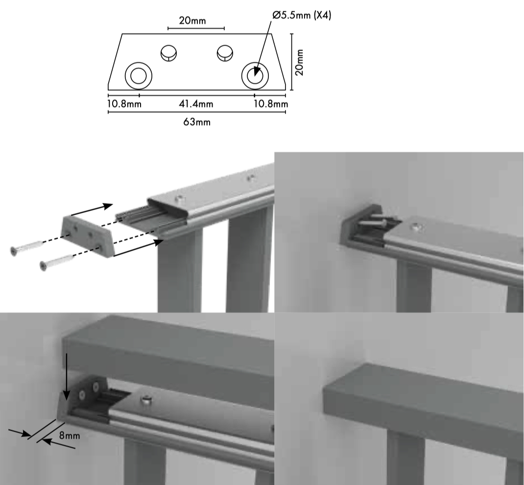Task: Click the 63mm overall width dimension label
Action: [197, 122]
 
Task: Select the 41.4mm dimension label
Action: [196, 104]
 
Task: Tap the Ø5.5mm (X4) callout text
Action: [302, 15]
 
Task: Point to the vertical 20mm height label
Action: [299, 63]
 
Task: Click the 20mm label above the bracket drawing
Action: [192, 21]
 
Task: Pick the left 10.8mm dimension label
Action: [124, 104]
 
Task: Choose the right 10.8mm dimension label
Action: [271, 104]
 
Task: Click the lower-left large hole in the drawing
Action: [139, 75]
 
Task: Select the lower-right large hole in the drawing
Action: [255, 75]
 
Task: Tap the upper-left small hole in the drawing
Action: [169, 53]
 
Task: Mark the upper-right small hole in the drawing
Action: [225, 53]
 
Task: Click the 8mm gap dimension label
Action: [70, 436]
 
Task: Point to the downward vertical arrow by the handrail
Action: [67, 376]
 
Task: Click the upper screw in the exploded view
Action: [27, 248]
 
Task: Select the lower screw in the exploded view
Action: [56, 262]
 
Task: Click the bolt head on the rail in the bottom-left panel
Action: [146, 400]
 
